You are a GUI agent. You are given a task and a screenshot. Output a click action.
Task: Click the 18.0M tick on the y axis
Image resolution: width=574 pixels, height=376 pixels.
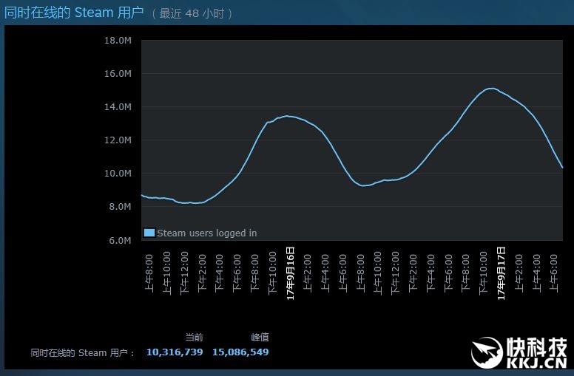tap(119, 40)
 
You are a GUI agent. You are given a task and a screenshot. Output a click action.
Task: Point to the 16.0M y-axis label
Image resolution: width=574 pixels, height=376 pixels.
tap(119, 74)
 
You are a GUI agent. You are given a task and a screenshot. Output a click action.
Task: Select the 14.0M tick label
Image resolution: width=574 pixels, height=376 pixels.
tap(119, 107)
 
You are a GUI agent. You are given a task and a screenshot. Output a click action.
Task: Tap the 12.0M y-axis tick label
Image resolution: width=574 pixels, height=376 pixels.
tap(119, 140)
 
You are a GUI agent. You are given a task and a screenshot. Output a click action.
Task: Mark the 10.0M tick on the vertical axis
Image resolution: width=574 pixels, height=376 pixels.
tap(119, 174)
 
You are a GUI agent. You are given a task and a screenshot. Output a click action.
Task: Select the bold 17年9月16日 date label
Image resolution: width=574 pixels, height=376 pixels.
tap(291, 273)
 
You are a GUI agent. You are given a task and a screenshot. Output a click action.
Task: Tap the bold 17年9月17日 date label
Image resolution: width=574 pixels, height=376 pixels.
tap(501, 273)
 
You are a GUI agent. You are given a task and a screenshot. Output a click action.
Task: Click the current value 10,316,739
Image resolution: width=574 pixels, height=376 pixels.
tap(175, 352)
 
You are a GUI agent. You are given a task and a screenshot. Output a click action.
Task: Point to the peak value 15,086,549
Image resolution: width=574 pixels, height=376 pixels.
tap(240, 352)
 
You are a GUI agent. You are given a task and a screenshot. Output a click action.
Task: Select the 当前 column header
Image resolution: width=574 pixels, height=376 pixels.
tap(194, 337)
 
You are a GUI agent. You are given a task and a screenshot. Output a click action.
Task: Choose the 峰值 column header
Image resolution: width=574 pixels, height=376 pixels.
tap(260, 337)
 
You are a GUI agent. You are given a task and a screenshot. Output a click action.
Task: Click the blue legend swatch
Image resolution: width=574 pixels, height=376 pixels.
tap(149, 233)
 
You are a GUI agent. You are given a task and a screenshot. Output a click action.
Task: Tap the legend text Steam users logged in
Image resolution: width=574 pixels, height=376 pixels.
tap(207, 233)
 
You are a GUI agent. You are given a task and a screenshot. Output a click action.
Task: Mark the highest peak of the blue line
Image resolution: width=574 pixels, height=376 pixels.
tap(490, 88)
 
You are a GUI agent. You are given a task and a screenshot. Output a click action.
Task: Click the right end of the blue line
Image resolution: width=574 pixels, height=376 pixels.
tap(562, 168)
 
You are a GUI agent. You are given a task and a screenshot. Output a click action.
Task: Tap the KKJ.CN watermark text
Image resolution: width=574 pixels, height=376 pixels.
tap(536, 361)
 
